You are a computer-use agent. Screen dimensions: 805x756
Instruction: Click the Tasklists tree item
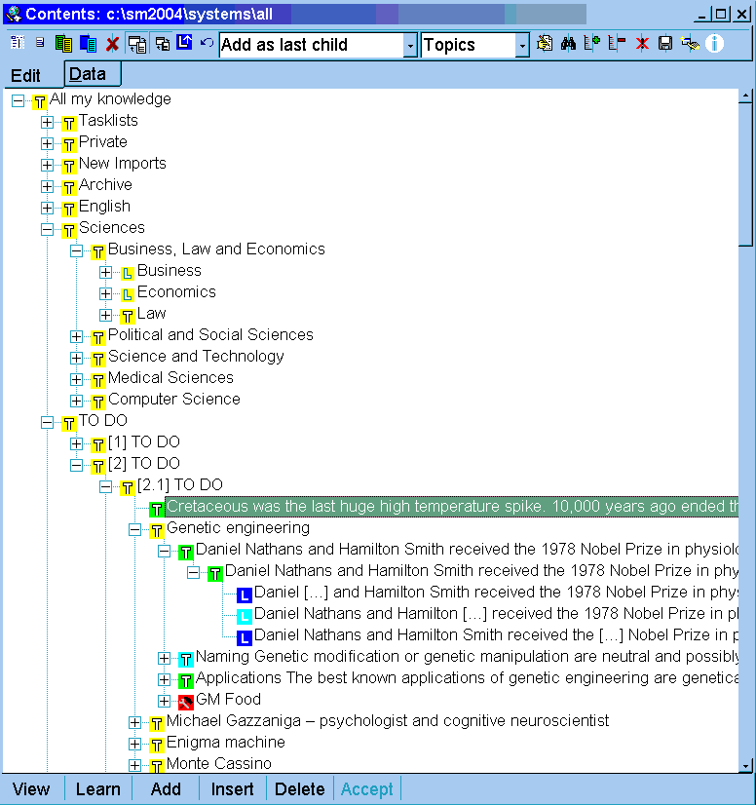tap(108, 121)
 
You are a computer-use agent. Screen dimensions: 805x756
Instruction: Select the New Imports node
tap(122, 164)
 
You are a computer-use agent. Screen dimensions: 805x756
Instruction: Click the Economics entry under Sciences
tap(176, 292)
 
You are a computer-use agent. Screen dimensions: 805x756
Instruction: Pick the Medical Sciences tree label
tap(170, 378)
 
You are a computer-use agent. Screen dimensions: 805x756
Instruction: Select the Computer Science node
tap(173, 400)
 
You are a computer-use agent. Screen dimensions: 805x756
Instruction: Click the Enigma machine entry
tap(225, 743)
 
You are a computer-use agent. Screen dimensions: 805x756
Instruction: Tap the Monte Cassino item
tap(218, 764)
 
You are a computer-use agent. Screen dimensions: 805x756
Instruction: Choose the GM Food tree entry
tap(228, 700)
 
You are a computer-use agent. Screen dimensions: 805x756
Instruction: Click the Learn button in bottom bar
tap(98, 789)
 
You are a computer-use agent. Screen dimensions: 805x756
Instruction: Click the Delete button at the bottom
tap(299, 789)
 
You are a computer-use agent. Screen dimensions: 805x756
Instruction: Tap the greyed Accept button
tap(367, 789)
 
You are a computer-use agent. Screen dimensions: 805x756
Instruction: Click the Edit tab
tap(26, 76)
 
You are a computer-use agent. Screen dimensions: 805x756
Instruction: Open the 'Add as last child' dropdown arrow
tap(410, 45)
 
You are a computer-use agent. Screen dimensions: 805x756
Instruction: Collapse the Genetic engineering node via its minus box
tap(135, 529)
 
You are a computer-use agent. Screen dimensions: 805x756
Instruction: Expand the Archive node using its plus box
tap(48, 186)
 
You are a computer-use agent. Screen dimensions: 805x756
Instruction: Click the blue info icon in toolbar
tap(715, 44)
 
